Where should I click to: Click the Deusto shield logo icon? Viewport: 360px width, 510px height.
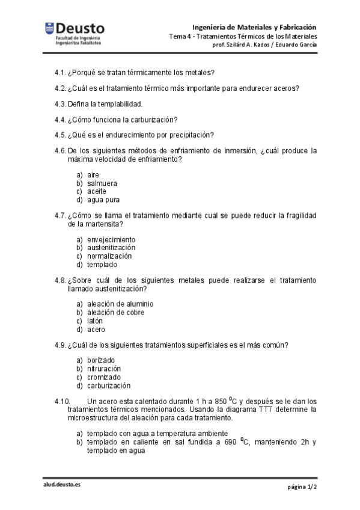point(49,28)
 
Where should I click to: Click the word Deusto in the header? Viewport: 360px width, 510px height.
point(80,28)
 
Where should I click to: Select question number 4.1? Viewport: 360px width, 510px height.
point(59,73)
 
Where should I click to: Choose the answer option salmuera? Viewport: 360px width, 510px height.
point(102,183)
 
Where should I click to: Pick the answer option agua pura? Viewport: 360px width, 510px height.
point(103,200)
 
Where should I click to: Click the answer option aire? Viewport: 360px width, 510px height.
point(93,175)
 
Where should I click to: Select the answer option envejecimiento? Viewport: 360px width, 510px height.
point(111,239)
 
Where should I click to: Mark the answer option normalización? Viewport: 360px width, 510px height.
point(109,256)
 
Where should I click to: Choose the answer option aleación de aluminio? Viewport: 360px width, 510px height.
point(120,304)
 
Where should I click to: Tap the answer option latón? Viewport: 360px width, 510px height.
point(95,321)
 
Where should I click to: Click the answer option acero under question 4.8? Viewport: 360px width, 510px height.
point(96,329)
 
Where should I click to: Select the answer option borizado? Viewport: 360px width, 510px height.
point(100,360)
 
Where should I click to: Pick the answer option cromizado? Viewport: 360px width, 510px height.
point(103,377)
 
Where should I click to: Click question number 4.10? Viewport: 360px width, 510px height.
point(63,401)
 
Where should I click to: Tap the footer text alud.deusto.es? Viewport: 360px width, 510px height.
point(61,485)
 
